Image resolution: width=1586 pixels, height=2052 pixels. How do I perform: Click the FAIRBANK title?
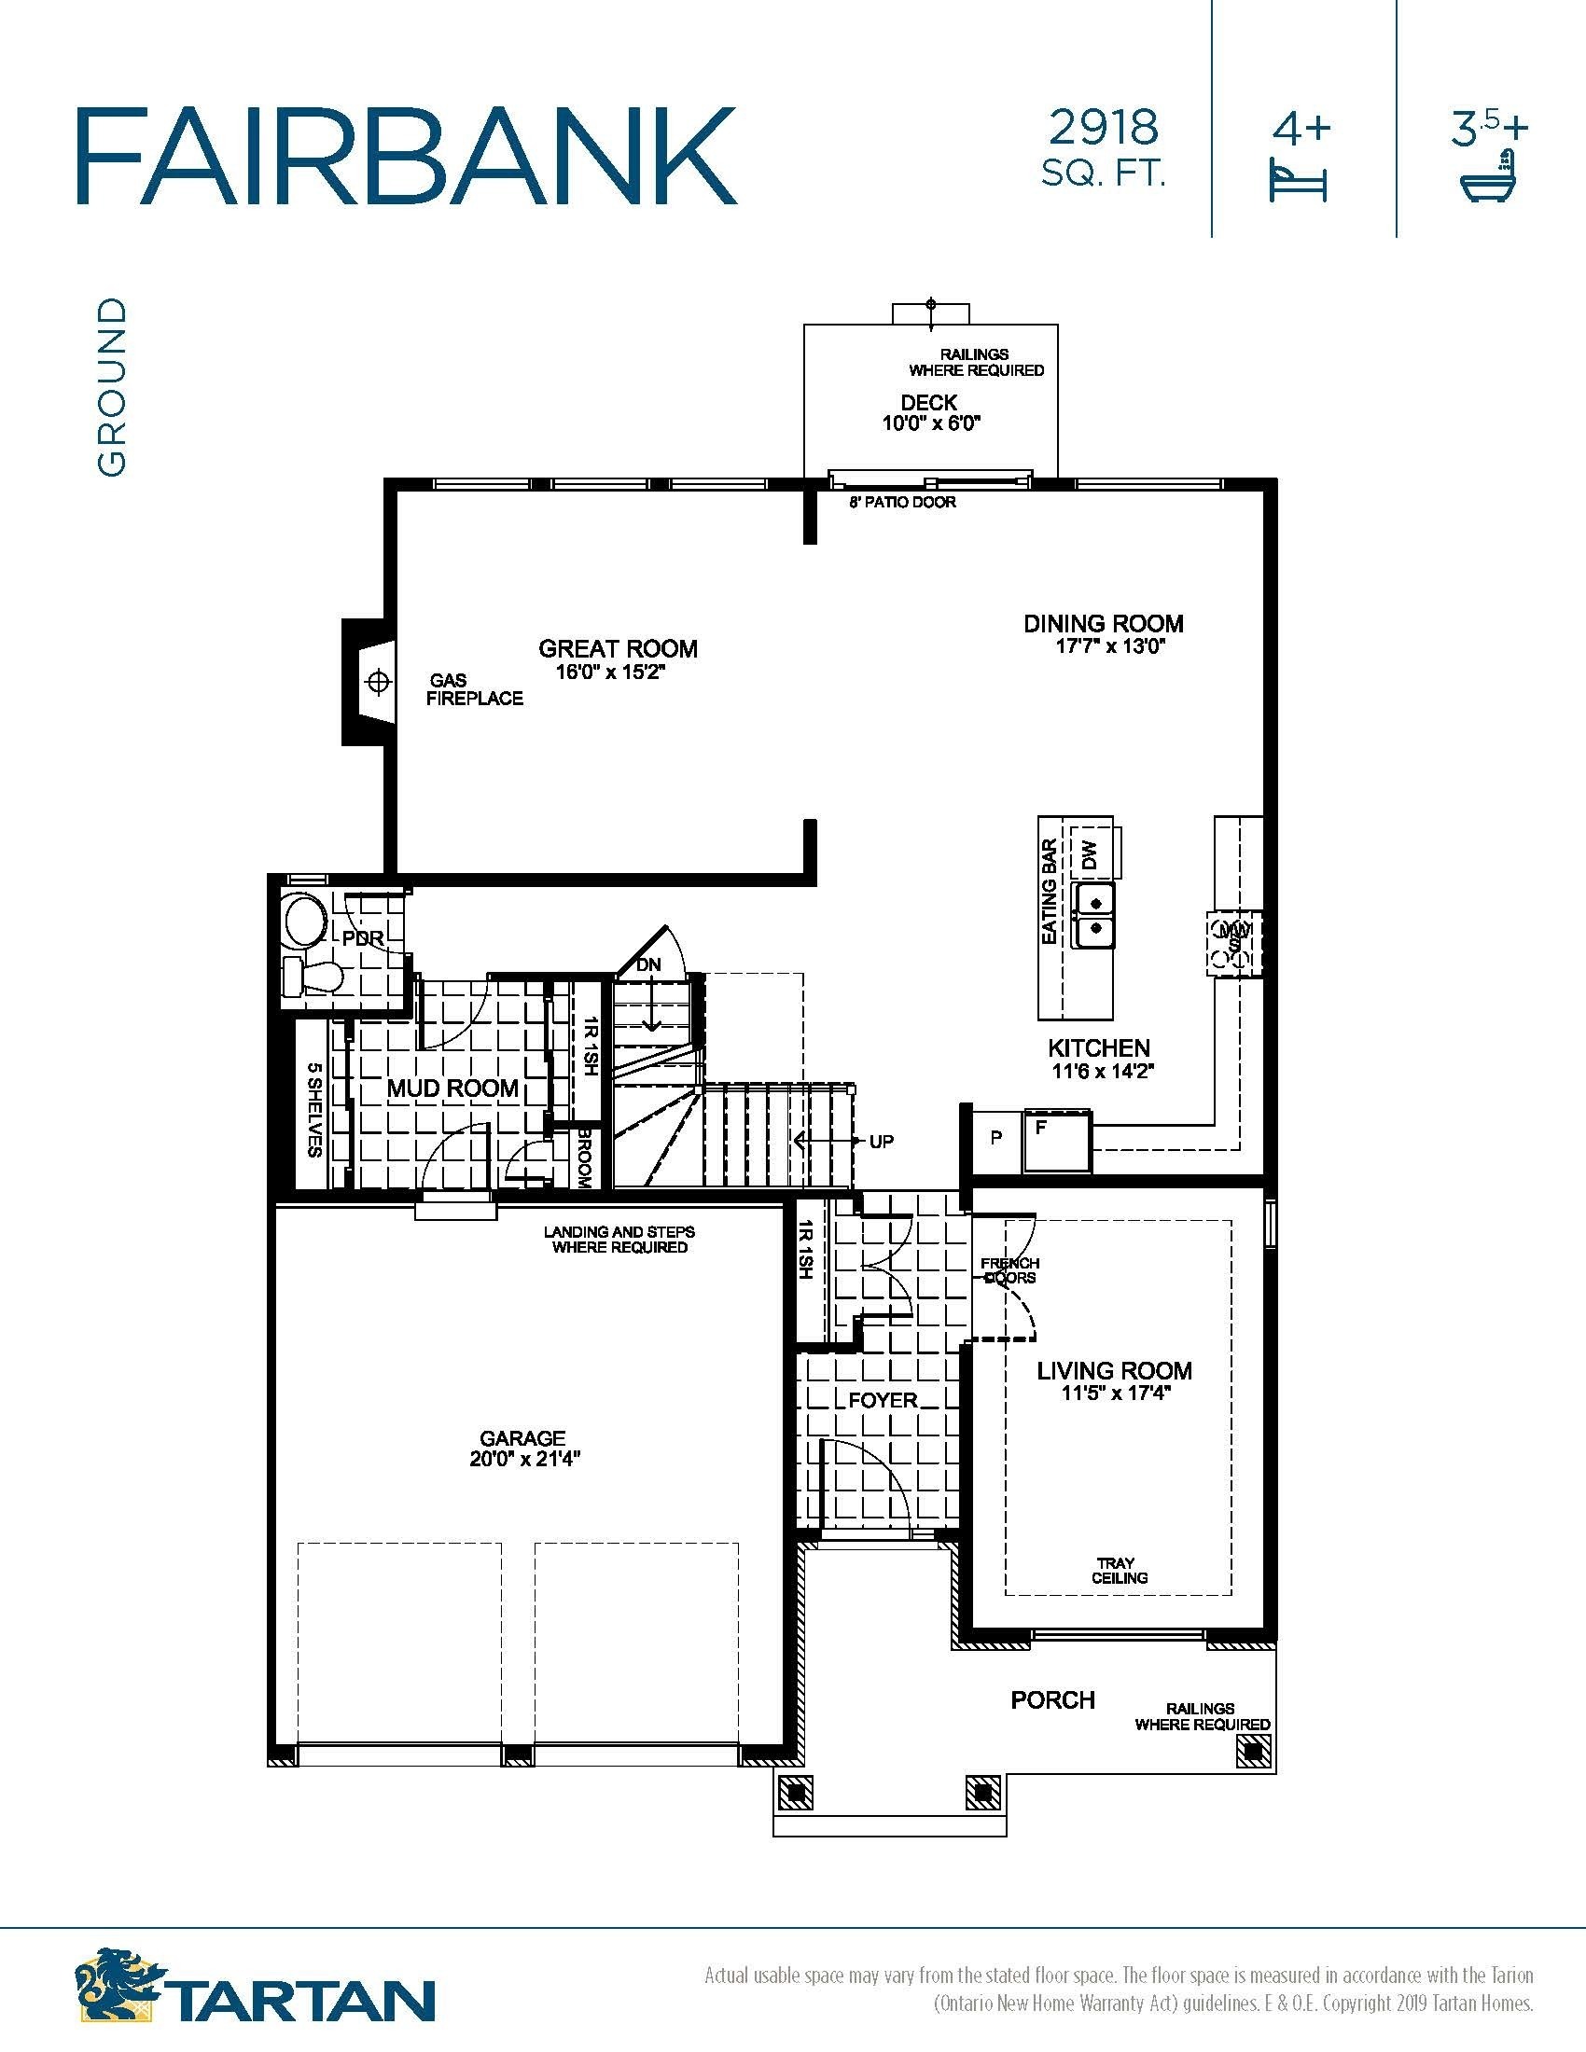[406, 155]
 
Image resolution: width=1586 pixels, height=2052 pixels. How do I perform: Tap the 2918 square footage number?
[1104, 128]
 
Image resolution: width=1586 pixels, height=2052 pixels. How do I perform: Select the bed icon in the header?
[1299, 180]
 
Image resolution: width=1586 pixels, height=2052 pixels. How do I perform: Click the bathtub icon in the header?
[1491, 173]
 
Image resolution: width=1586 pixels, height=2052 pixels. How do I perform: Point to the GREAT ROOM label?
[619, 648]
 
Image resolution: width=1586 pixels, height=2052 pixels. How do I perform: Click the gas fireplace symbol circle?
[378, 681]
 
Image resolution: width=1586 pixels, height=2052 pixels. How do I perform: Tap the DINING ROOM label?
[1104, 623]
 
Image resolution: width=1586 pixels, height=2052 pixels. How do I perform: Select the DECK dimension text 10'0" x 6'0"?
[931, 423]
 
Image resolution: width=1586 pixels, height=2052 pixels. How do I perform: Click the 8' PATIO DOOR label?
[903, 503]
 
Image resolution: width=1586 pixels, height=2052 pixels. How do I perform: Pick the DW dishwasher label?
[1089, 855]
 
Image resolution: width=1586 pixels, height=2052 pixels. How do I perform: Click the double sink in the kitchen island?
[1094, 914]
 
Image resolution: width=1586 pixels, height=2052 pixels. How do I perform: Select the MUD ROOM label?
[452, 1088]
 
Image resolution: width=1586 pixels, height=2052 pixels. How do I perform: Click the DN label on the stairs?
[649, 965]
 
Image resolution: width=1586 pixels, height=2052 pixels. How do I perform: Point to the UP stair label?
[882, 1142]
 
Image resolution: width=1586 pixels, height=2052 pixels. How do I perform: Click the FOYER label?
[883, 1400]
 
